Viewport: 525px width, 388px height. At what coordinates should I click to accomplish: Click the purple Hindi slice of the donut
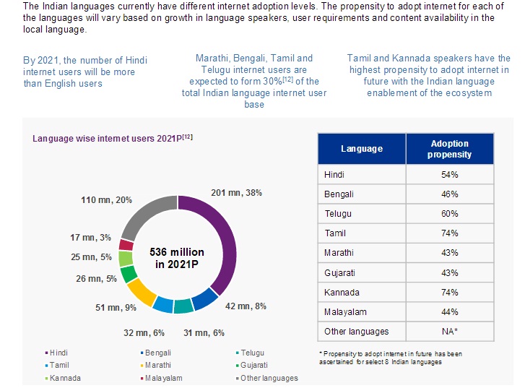click(225, 238)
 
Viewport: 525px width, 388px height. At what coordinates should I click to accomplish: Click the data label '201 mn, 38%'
click(235, 193)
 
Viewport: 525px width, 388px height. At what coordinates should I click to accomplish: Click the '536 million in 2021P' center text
click(176, 258)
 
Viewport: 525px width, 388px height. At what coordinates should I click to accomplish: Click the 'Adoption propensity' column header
click(450, 149)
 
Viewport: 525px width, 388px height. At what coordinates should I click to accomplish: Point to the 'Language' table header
click(361, 149)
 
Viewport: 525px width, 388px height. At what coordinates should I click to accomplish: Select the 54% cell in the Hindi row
click(450, 174)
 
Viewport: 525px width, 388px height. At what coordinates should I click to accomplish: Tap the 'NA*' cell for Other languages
click(450, 331)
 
